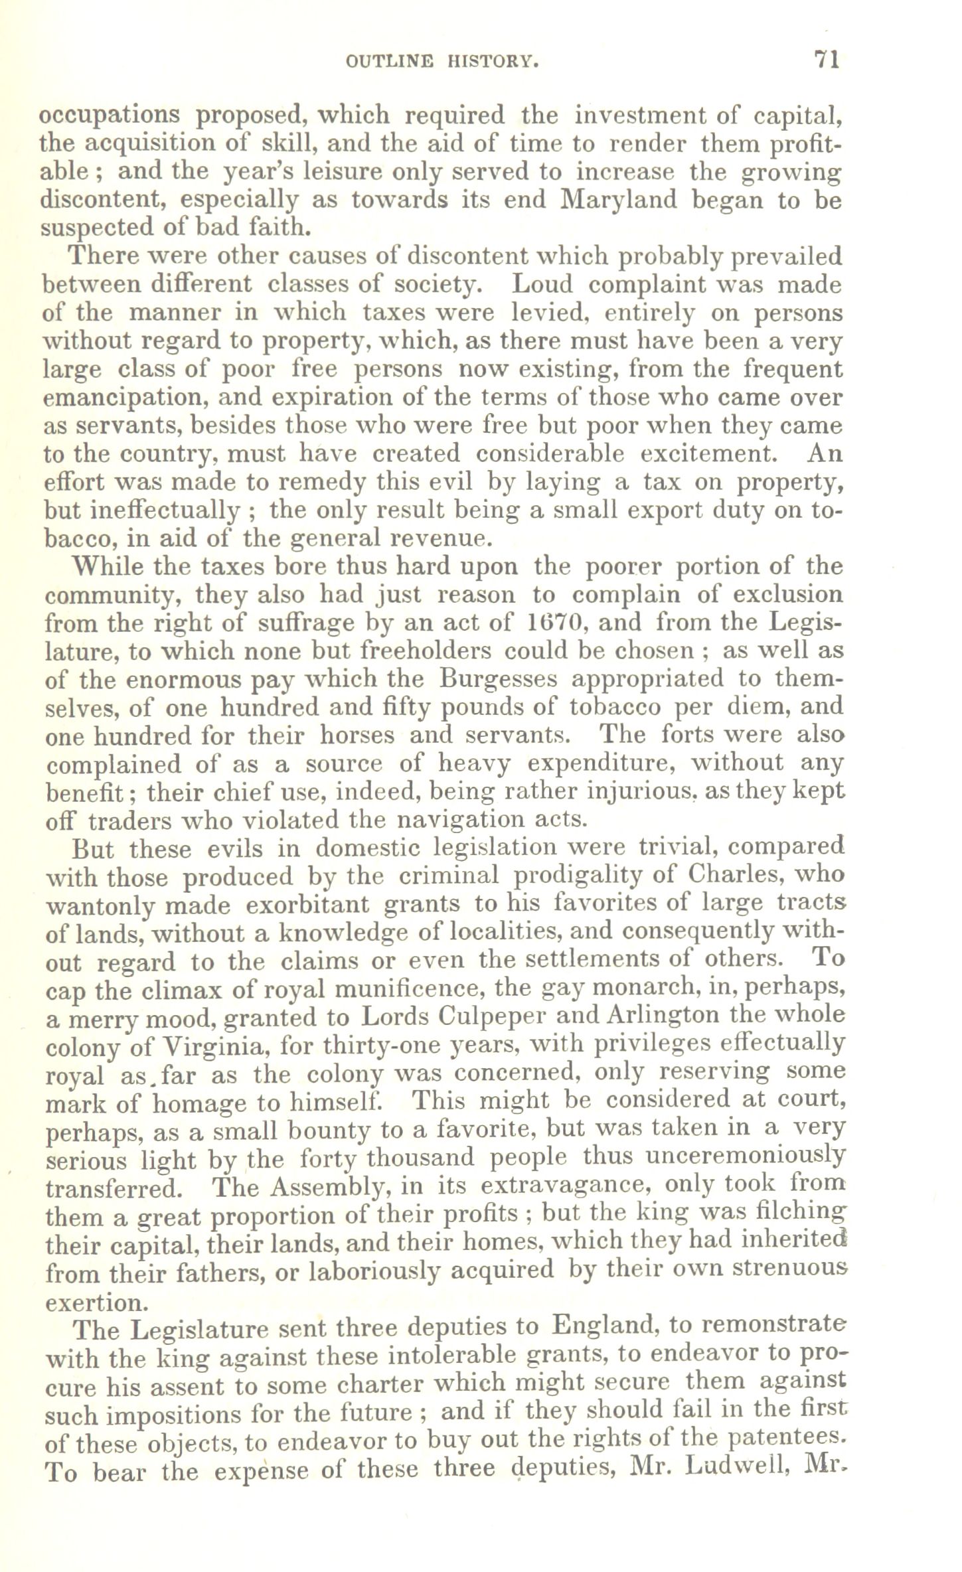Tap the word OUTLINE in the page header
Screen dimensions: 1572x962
(x=389, y=62)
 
